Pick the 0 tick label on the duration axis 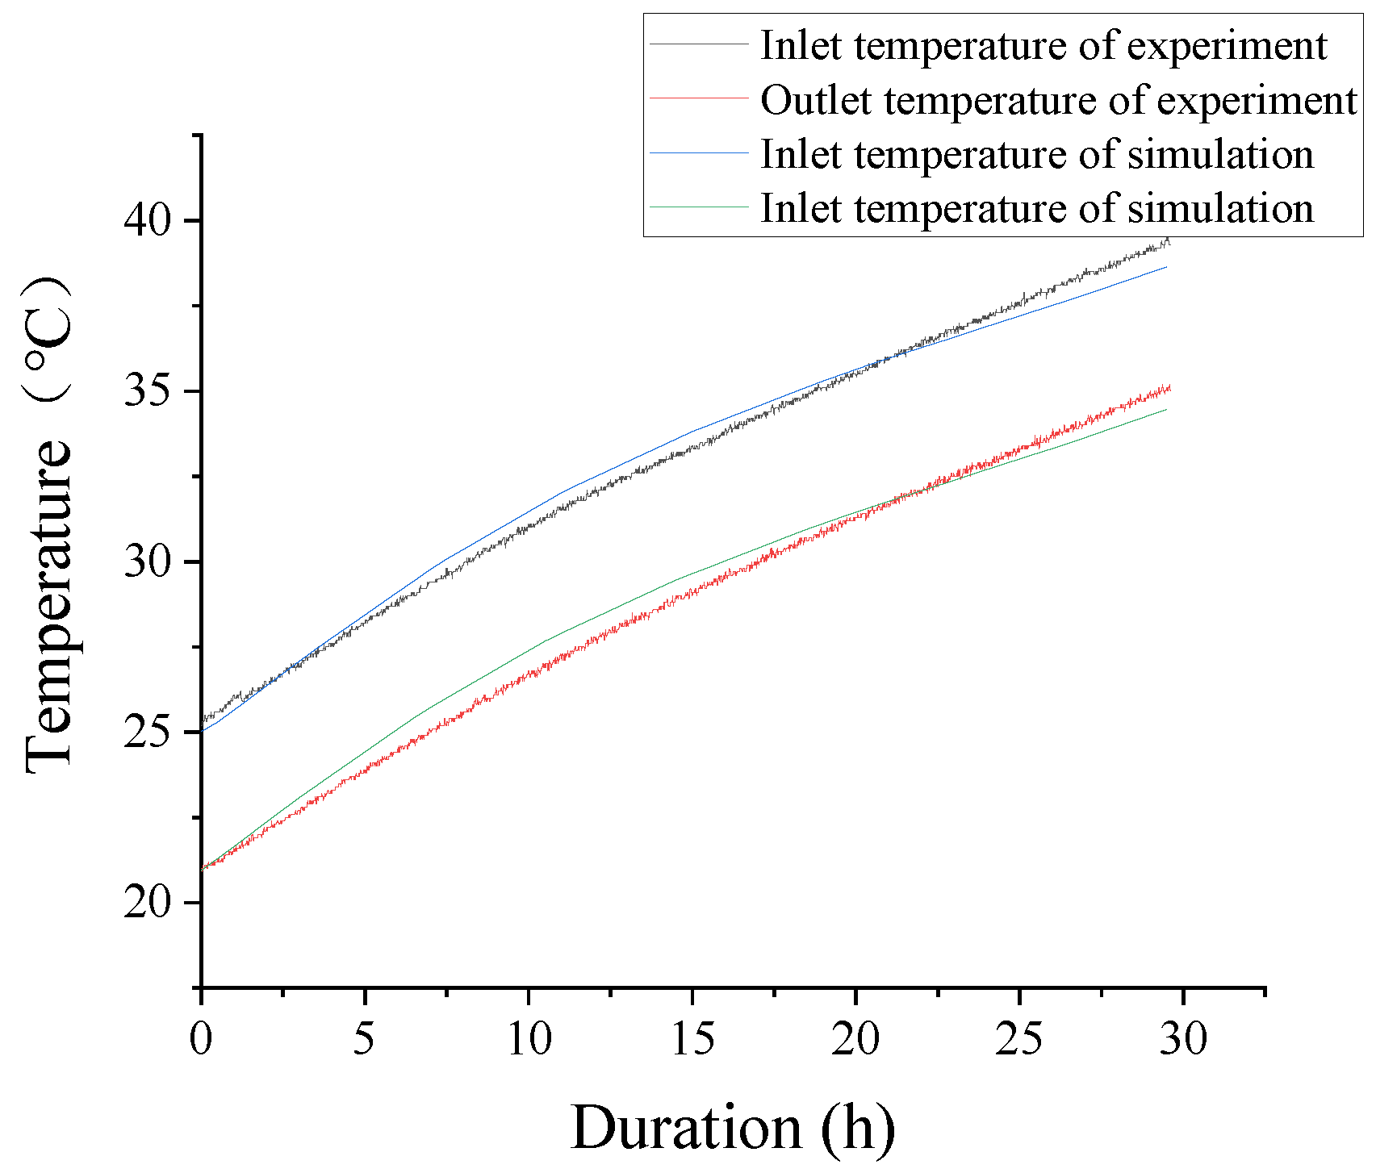201,1039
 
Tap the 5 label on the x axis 365,1039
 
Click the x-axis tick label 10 529,1039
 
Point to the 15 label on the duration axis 692,1039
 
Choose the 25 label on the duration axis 1019,1039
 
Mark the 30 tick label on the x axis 1183,1039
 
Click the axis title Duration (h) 733,1127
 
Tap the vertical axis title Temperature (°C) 50,524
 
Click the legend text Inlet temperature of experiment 1043,46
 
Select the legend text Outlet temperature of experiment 1058,101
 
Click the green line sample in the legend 700,207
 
